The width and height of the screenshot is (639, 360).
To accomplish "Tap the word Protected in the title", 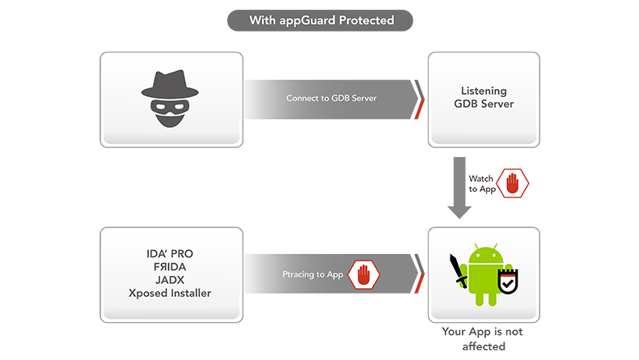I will point(365,20).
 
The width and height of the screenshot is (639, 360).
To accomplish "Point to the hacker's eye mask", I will point(171,105).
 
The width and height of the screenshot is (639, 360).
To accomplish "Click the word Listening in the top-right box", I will point(484,91).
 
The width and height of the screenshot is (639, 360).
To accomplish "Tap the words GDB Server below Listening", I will point(484,104).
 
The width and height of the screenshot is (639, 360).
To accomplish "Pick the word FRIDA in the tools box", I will point(171,267).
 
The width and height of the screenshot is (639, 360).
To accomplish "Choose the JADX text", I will point(171,280).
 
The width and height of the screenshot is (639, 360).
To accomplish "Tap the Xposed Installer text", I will point(171,293).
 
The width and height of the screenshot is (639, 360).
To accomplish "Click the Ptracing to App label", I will point(314,275).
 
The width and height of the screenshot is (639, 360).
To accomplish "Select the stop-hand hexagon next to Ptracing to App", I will point(363,275).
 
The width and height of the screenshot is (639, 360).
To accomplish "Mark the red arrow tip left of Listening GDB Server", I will point(418,115).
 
